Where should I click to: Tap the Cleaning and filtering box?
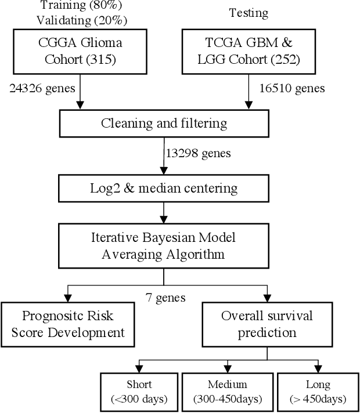point(164,123)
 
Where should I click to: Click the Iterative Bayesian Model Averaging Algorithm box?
point(164,246)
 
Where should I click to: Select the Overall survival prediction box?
point(267,324)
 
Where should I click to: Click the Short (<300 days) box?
point(139,392)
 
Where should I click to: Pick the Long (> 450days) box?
point(318,392)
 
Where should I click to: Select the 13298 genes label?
point(199,154)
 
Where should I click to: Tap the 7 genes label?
point(165,298)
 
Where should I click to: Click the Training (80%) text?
point(73,6)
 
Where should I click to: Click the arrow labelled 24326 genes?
point(80,93)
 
